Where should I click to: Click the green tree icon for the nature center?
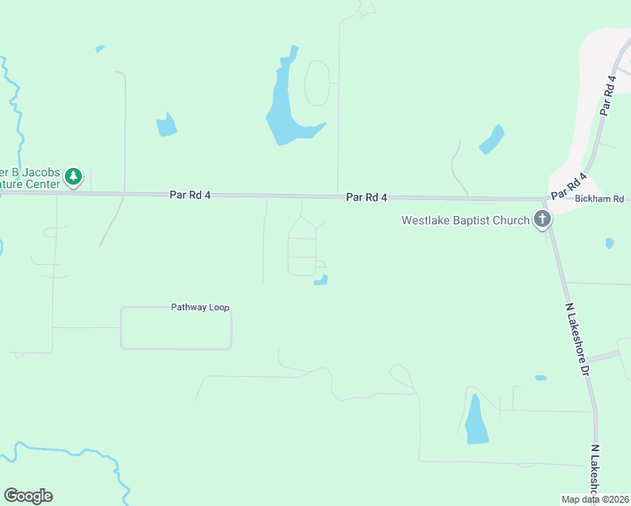point(74,176)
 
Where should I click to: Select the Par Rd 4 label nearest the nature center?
point(190,194)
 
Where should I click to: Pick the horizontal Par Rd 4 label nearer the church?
point(366,196)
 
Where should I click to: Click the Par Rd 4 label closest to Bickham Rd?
point(570,186)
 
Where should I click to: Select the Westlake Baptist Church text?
point(465,221)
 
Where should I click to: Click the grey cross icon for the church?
point(542,220)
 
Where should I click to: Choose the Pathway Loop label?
point(200,307)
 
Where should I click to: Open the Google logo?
point(28,496)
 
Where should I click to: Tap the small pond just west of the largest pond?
point(166,126)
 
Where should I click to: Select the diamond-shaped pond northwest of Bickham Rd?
point(492,140)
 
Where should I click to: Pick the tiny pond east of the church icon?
point(609,243)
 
